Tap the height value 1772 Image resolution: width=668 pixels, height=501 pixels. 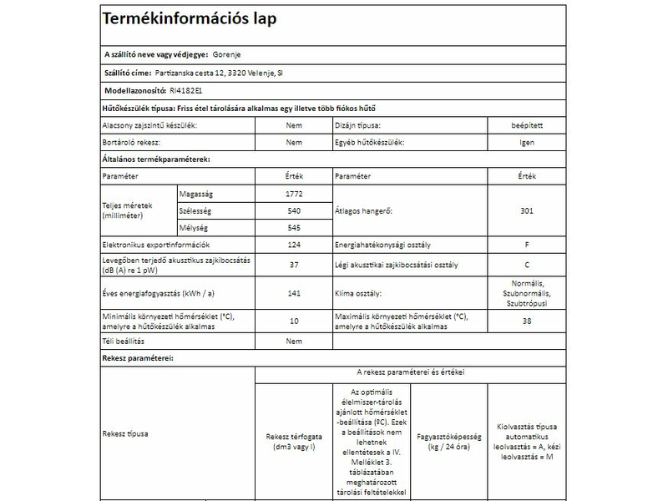293,194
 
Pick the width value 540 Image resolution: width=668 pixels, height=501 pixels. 293,211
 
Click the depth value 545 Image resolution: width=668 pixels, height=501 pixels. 293,228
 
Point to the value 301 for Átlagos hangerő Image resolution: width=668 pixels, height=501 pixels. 527,211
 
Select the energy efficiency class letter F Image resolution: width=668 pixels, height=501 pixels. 527,245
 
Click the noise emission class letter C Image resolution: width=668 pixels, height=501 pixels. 527,265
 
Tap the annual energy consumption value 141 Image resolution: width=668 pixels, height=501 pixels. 293,294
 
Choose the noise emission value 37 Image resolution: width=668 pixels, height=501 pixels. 293,265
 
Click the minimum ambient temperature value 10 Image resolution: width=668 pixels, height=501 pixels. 293,321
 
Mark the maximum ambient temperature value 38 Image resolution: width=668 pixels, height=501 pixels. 527,321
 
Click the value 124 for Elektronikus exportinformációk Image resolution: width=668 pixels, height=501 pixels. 293,245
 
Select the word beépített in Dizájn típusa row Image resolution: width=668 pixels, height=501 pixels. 527,125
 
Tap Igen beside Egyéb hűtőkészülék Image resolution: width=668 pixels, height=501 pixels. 527,143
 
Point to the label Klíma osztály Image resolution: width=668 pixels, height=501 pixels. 358,294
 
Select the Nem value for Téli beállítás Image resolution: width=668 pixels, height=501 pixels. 293,342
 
